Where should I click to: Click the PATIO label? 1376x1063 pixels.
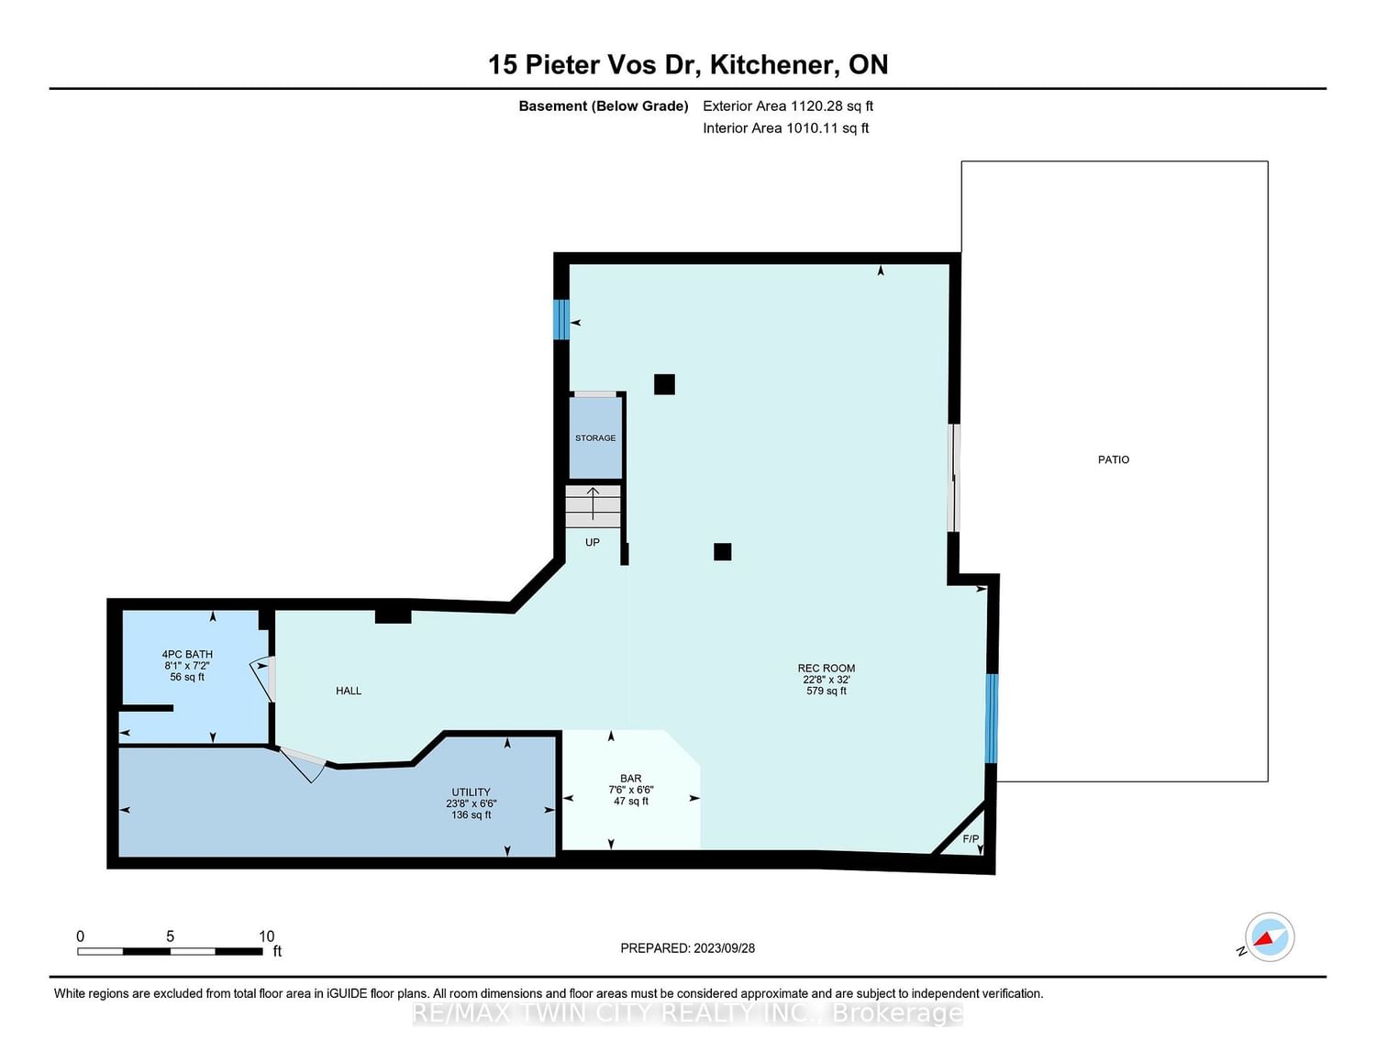(1114, 460)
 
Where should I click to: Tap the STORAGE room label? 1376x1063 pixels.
(595, 438)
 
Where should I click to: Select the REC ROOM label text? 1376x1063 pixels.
(827, 668)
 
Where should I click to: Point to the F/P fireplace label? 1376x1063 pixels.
(971, 839)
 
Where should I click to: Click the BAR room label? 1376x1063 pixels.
(631, 779)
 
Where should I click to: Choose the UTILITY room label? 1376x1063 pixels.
(472, 792)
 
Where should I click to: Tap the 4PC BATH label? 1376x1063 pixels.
(187, 655)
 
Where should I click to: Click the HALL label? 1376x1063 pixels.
(349, 691)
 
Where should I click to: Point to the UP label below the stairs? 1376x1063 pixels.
(592, 543)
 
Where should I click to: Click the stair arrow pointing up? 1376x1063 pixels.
(593, 504)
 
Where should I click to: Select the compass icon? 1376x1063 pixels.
(1270, 937)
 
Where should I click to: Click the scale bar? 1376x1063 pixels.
(170, 952)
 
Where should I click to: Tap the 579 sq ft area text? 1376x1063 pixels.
(827, 691)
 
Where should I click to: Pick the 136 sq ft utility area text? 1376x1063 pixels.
(472, 814)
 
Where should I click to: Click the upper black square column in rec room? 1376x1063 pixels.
(664, 384)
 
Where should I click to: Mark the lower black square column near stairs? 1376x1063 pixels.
(723, 552)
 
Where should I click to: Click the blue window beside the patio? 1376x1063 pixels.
(992, 718)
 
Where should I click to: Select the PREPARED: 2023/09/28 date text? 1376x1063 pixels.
(688, 948)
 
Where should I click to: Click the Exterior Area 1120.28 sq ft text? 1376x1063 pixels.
(788, 106)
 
